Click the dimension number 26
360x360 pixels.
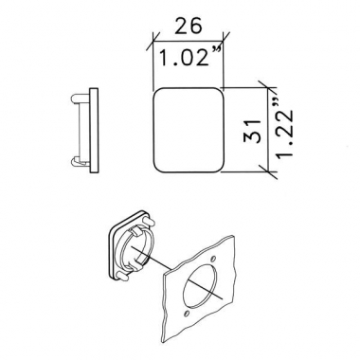click(188, 26)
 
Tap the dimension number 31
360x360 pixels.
click(253, 131)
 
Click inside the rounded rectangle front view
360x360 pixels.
click(189, 130)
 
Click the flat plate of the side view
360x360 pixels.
click(94, 130)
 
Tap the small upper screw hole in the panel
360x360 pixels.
click(213, 259)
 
